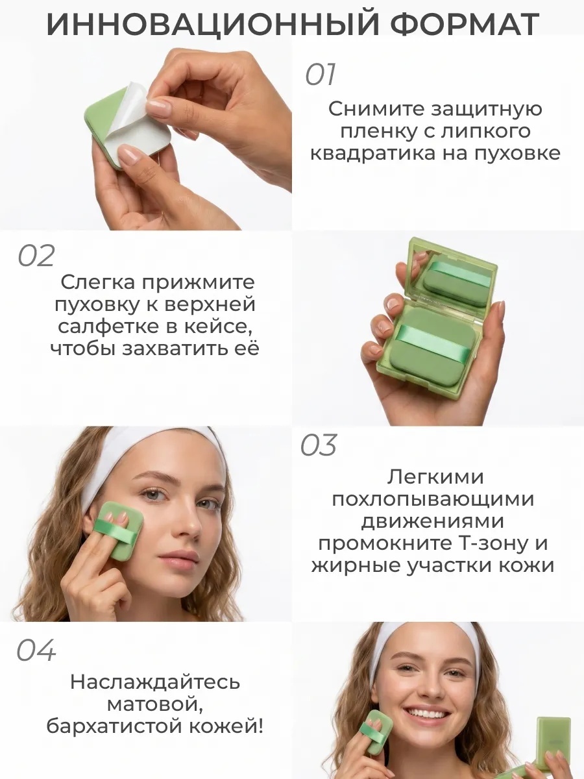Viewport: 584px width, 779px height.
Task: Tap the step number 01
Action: (x=320, y=75)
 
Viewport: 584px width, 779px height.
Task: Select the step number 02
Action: (x=36, y=256)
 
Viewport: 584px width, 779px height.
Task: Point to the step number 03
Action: (x=319, y=445)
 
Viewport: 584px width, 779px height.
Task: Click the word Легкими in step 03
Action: (x=435, y=476)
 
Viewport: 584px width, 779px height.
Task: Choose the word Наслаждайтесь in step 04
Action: (x=155, y=682)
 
